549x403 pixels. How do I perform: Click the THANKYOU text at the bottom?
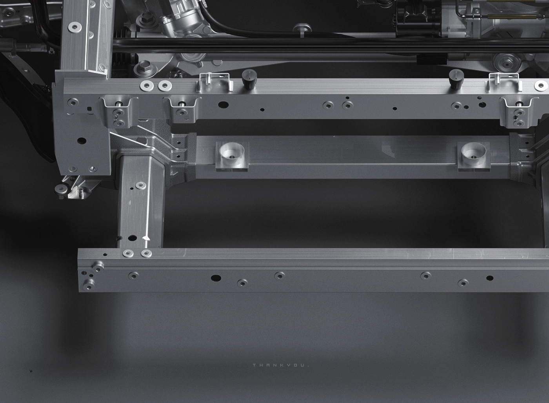[x=281, y=372]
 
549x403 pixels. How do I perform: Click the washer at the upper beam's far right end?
[x=541, y=85]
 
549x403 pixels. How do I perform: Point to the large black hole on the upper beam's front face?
[x=223, y=105]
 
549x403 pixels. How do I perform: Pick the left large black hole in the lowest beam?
[x=216, y=278]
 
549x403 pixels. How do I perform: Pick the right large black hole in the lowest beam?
[x=490, y=278]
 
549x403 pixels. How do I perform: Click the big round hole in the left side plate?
[x=82, y=141]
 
